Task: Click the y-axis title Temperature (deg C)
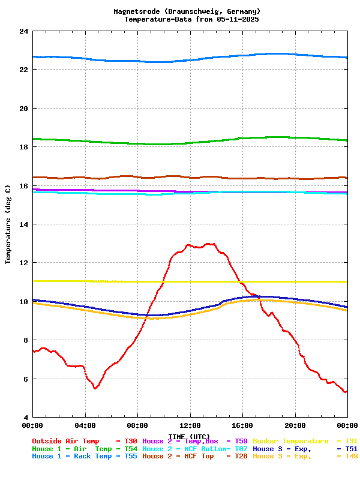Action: [x=8, y=224]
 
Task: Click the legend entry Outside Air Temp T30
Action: [x=85, y=441]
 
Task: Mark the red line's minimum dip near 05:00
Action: [x=95, y=388]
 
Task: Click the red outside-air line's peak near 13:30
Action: [x=209, y=244]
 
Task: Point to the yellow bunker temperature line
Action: [x=150, y=281]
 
